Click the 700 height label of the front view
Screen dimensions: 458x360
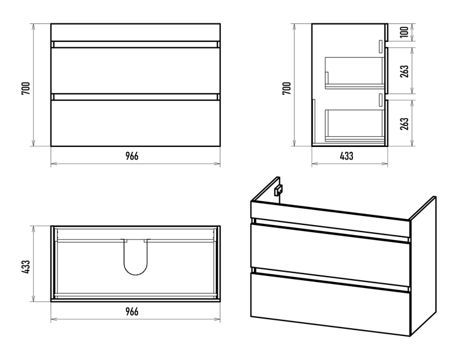click(x=26, y=88)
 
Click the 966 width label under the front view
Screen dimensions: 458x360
click(x=132, y=156)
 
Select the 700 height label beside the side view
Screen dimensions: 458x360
click(x=287, y=88)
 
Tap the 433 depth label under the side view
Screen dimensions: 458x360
click(x=347, y=156)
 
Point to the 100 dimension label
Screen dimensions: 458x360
click(x=404, y=32)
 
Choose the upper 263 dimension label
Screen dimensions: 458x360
click(x=405, y=71)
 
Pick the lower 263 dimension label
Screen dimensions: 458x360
click(x=405, y=124)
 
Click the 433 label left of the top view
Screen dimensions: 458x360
click(x=26, y=267)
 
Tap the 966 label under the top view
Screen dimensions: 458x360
click(x=132, y=312)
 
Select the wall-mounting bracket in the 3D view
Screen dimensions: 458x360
click(x=278, y=190)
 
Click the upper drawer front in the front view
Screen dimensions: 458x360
click(x=136, y=71)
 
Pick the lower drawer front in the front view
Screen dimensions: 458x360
click(x=136, y=123)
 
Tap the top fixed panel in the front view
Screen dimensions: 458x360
click(x=136, y=32)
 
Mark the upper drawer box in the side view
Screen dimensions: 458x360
click(x=355, y=73)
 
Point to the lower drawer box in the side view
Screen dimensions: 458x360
click(x=355, y=125)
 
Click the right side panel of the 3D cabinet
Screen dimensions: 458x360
click(x=423, y=266)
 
